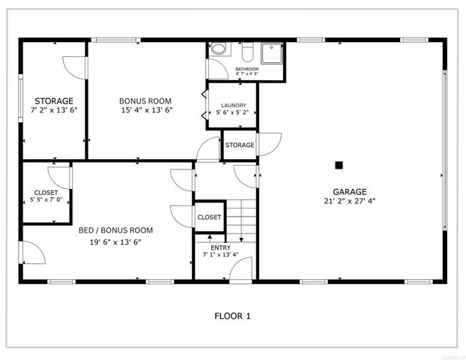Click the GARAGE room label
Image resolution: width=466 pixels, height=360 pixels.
[350, 191]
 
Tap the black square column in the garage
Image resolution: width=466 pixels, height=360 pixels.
[339, 165]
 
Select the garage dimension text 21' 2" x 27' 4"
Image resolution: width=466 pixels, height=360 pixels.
[350, 201]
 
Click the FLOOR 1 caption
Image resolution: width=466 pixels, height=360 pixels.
[232, 316]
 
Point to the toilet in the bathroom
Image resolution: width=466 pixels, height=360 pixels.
[219, 49]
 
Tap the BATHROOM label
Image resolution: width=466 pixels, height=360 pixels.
[246, 69]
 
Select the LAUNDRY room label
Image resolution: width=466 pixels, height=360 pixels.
[232, 105]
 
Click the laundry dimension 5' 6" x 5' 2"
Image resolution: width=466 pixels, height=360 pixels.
[232, 113]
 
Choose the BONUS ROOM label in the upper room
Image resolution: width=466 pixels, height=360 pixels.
[146, 100]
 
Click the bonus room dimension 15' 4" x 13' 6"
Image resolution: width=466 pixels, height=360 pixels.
[146, 110]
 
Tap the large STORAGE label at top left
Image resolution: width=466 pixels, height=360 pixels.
[52, 100]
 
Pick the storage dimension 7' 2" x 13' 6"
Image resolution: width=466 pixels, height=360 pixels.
[53, 110]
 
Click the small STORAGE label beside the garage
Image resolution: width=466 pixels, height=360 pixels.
[240, 145]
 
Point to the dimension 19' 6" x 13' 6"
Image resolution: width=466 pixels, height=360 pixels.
[115, 241]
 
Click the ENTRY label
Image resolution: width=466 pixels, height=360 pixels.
[221, 247]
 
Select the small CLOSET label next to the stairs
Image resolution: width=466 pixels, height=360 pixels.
[209, 217]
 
